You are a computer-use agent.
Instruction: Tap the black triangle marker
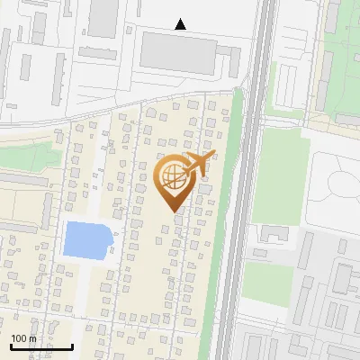[x=181, y=24]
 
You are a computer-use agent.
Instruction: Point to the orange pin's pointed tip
[x=174, y=211]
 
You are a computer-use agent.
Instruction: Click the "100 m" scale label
[x=23, y=338]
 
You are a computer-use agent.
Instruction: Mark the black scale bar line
[x=41, y=346]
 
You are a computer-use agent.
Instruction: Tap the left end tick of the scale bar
[x=11, y=345]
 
